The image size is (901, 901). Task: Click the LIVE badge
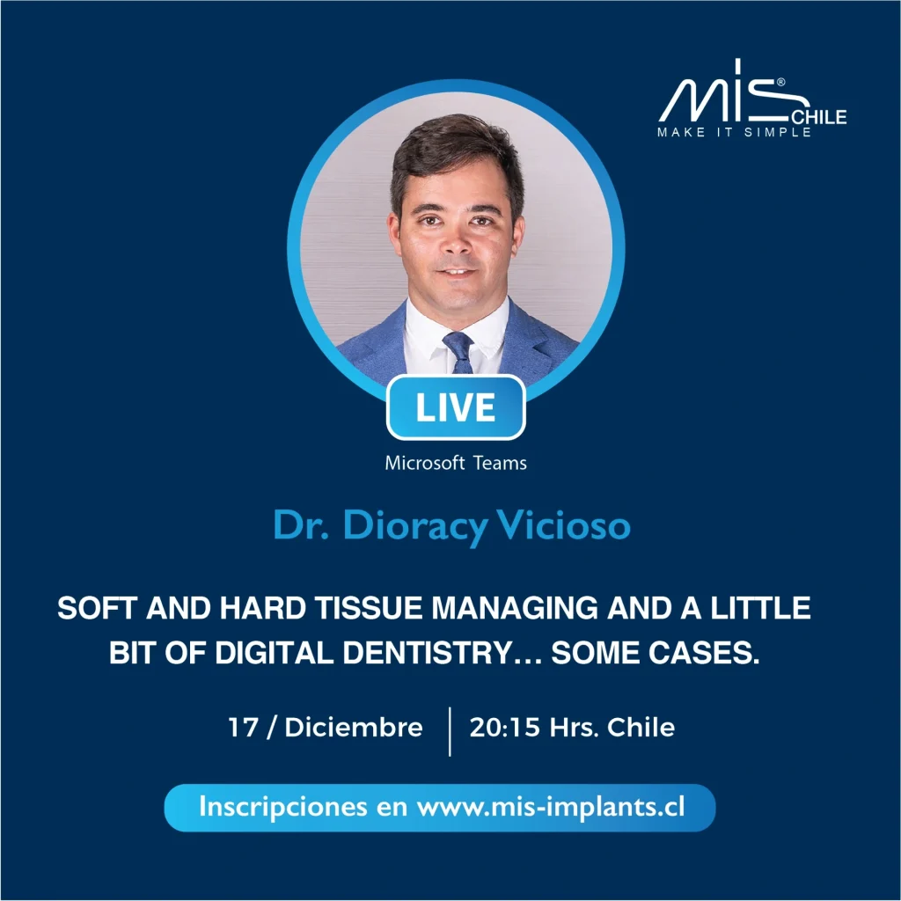(x=456, y=407)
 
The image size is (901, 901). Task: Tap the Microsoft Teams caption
(x=456, y=463)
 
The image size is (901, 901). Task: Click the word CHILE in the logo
(x=819, y=117)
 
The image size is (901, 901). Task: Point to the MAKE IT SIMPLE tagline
(x=735, y=132)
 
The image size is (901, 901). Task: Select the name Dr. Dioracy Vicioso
(x=452, y=525)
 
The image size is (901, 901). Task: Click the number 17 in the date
(x=243, y=727)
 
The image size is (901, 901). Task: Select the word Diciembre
(x=354, y=727)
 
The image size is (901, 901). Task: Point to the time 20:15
(x=504, y=727)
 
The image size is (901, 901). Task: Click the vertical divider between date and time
(x=450, y=731)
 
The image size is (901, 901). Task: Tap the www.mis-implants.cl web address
(x=551, y=808)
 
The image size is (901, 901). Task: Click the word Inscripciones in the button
(x=282, y=808)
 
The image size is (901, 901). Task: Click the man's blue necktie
(x=459, y=352)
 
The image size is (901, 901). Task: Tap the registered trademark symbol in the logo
(x=781, y=82)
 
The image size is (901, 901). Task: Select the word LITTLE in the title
(x=761, y=608)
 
